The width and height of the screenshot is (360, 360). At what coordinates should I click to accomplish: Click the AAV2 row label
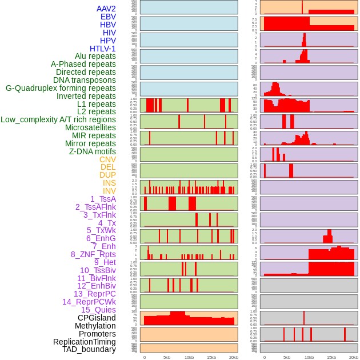pos(106,9)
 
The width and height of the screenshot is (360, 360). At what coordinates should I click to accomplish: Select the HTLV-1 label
pos(103,49)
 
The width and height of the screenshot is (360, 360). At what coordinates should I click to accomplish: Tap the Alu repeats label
pos(95,56)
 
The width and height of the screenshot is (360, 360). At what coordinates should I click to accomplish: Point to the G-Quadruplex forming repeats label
pos(61,88)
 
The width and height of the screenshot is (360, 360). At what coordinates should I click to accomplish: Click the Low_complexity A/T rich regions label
pos(58,119)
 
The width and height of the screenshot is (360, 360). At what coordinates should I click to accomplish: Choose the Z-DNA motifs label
pos(93,151)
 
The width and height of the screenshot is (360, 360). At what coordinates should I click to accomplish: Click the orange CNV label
pos(107,159)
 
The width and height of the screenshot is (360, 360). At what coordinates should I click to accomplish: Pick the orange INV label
pos(109,191)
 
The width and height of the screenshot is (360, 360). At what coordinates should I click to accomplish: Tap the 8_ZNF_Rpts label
pos(93,254)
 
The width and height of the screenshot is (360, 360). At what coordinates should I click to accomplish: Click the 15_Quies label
pos(98,310)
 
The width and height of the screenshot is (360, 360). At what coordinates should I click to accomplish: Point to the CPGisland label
pos(97,318)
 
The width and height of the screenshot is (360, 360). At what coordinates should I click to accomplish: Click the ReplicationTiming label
pos(85,342)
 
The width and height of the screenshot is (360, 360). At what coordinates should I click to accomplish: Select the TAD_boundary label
pos(89,349)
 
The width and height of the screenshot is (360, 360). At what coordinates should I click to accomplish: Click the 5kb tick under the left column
pos(167,357)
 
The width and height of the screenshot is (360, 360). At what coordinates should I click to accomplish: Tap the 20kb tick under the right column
pos(354,357)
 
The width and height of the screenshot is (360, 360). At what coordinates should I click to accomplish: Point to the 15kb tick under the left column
pos(211,357)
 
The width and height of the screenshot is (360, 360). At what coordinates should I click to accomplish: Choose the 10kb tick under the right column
pos(309,357)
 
